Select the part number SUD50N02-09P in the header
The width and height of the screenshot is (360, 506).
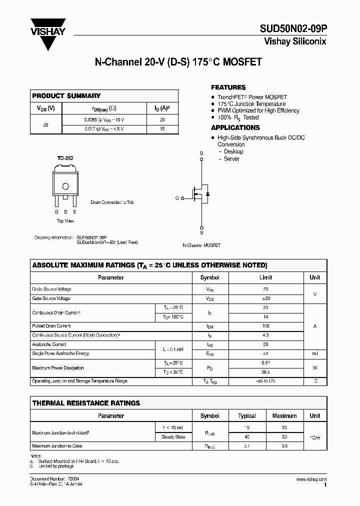click(292, 29)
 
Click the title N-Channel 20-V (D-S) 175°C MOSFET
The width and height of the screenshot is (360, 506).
click(178, 62)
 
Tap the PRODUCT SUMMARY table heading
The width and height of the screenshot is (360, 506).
click(66, 95)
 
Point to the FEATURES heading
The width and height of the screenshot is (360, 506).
click(228, 87)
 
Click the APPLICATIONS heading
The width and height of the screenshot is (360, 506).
click(235, 127)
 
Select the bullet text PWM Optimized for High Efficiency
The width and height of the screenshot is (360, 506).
click(258, 110)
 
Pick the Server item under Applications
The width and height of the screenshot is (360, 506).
click(231, 159)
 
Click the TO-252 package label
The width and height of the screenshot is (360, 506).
click(65, 158)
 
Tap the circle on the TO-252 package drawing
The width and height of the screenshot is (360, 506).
click(65, 186)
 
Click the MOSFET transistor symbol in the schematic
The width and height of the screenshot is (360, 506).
click(200, 194)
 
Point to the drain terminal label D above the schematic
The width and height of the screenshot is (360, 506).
click(201, 153)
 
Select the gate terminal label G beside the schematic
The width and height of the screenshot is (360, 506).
click(177, 198)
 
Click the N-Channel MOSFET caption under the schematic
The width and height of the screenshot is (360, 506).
click(201, 245)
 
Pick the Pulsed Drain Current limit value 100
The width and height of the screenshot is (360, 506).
click(265, 326)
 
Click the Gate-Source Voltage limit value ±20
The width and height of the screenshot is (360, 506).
click(265, 298)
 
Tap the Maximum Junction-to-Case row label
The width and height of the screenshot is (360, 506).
click(56, 446)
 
